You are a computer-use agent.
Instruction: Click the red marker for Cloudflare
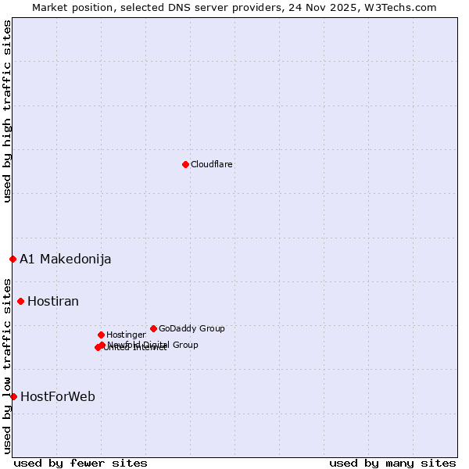[185, 164]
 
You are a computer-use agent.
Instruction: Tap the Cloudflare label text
[212, 165]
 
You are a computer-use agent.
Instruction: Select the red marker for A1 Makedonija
[13, 259]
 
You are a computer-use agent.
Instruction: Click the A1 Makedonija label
[66, 260]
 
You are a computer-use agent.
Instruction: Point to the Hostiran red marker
[20, 301]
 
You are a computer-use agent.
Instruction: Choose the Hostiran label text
[53, 302]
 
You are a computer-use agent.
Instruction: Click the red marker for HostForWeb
[13, 396]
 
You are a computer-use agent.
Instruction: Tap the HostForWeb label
[58, 397]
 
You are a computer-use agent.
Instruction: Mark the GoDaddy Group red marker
[153, 328]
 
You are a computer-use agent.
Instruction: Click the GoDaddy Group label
[192, 329]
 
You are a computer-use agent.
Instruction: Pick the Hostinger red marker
[101, 335]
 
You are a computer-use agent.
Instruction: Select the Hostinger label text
[126, 335]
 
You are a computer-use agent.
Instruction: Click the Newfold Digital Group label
[153, 345]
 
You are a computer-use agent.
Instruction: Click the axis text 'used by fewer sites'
[81, 464]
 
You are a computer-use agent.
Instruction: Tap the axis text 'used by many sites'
[392, 464]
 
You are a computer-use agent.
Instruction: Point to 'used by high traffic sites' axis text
[7, 112]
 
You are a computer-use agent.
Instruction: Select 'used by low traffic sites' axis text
[7, 366]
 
